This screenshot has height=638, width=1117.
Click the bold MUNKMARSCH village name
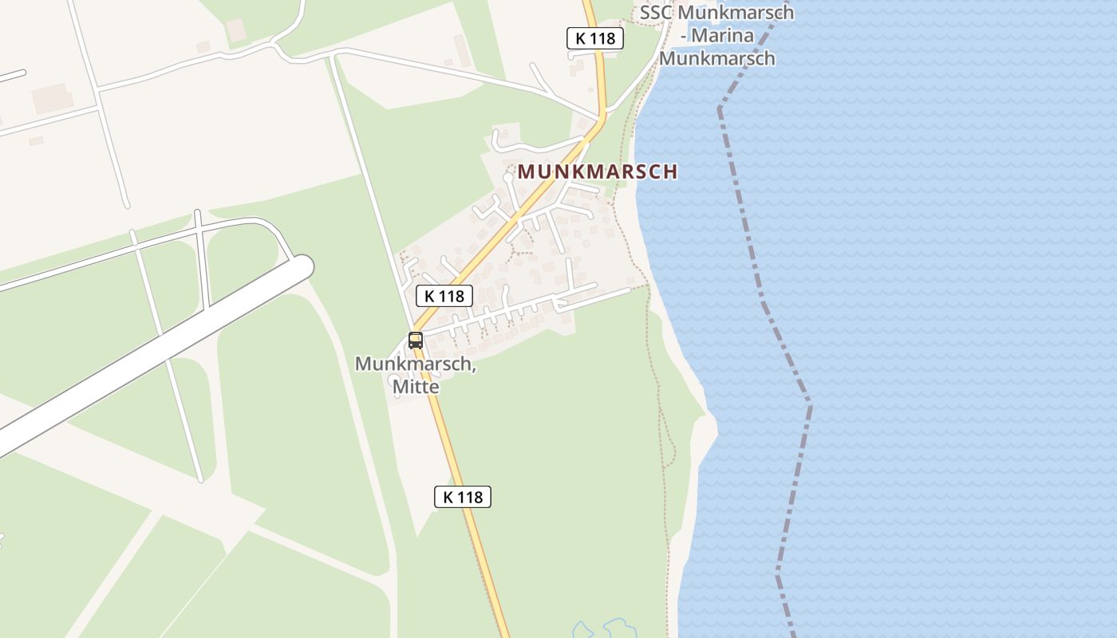[598, 171]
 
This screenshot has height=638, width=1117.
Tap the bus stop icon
[415, 341]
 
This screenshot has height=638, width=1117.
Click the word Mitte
[415, 387]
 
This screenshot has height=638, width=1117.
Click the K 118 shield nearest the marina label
[595, 38]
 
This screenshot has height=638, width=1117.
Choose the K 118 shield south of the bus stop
[463, 497]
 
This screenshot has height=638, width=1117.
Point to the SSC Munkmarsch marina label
[716, 35]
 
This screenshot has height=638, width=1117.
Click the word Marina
[733, 36]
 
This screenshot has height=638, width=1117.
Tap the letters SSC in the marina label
[657, 13]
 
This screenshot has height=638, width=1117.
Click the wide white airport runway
[160, 351]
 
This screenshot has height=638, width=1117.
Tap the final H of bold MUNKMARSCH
[671, 171]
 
